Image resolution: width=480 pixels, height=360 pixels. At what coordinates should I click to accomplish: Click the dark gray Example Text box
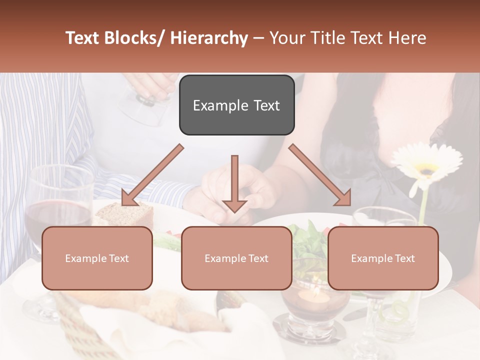[236, 105]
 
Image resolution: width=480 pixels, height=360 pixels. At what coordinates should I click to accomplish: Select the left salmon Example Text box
[97, 258]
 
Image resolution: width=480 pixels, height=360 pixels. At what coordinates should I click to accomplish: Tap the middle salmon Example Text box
[236, 258]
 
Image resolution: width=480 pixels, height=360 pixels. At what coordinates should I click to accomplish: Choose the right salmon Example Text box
[383, 258]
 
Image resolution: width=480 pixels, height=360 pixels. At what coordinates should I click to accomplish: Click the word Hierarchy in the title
[209, 38]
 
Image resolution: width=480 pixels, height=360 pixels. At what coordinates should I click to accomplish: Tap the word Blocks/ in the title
[133, 38]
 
